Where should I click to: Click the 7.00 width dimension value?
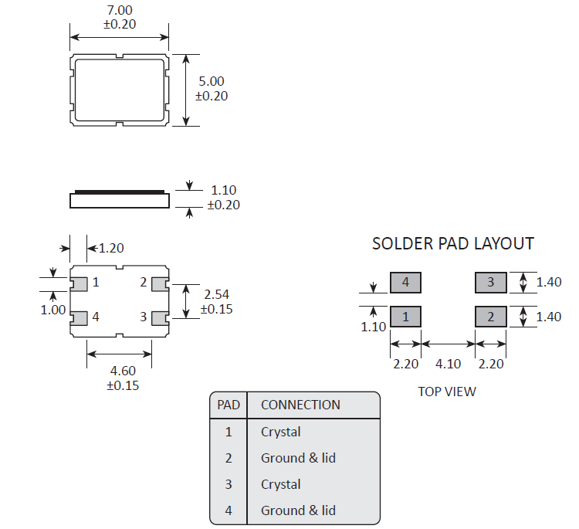(120, 11)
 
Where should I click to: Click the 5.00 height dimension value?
(211, 81)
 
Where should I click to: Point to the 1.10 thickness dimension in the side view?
(223, 190)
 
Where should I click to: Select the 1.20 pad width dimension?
(111, 248)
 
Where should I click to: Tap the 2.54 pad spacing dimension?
(216, 294)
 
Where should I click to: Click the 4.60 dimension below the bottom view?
(121, 371)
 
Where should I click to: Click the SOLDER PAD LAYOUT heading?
(452, 244)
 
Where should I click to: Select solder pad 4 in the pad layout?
(405, 283)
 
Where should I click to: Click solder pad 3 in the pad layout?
(490, 283)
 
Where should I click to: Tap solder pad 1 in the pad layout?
(405, 317)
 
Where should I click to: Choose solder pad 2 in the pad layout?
(490, 317)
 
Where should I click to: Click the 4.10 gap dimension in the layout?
(448, 364)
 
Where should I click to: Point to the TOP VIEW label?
(447, 392)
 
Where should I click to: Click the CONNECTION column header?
(300, 405)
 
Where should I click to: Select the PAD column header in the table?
(229, 405)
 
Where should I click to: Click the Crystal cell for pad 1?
(281, 432)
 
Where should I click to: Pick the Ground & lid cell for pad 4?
(298, 510)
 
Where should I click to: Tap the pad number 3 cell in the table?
(229, 484)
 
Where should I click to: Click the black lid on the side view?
(120, 190)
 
